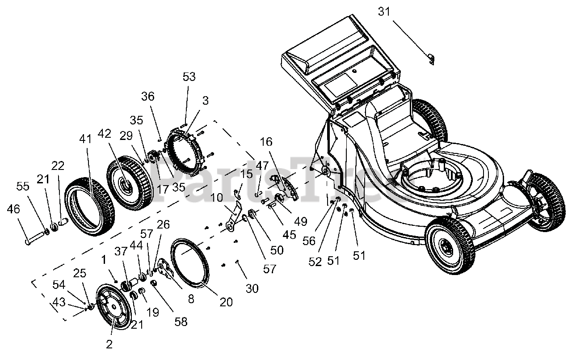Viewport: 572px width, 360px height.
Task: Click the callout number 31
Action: tap(384, 12)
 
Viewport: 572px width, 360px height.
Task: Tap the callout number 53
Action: tap(189, 76)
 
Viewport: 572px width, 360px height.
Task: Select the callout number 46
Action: tap(13, 209)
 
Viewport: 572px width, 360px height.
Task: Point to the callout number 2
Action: tap(109, 344)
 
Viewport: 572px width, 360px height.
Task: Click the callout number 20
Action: tap(226, 302)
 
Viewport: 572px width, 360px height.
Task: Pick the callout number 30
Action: tap(252, 288)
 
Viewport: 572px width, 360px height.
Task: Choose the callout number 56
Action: tap(309, 241)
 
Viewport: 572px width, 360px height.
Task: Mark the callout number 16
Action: tap(266, 142)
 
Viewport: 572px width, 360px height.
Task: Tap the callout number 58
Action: tap(181, 322)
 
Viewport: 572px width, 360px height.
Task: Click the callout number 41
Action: tap(85, 139)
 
